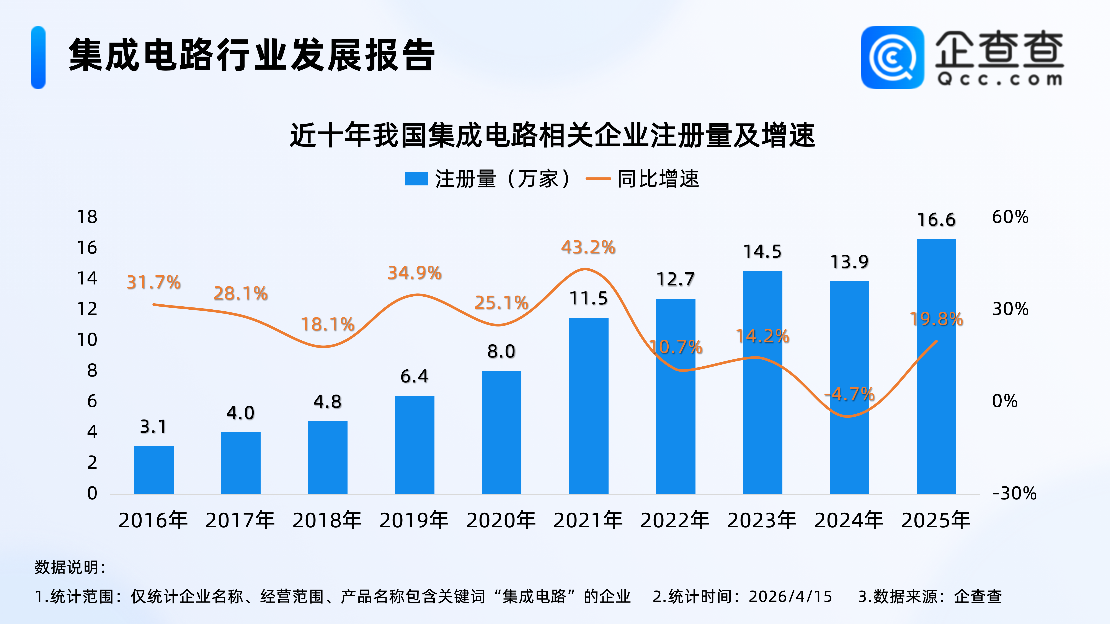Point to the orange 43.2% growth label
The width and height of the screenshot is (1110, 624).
(588, 247)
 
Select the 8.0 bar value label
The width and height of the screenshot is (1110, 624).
(501, 351)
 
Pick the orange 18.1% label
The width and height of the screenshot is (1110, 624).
(328, 324)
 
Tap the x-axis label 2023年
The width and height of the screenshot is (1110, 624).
(762, 520)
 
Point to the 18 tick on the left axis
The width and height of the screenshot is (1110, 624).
(87, 217)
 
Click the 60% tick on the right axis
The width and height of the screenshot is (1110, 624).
(1010, 217)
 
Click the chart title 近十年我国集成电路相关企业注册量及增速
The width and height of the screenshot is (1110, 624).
(552, 135)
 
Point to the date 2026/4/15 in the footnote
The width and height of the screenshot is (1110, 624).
(790, 596)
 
